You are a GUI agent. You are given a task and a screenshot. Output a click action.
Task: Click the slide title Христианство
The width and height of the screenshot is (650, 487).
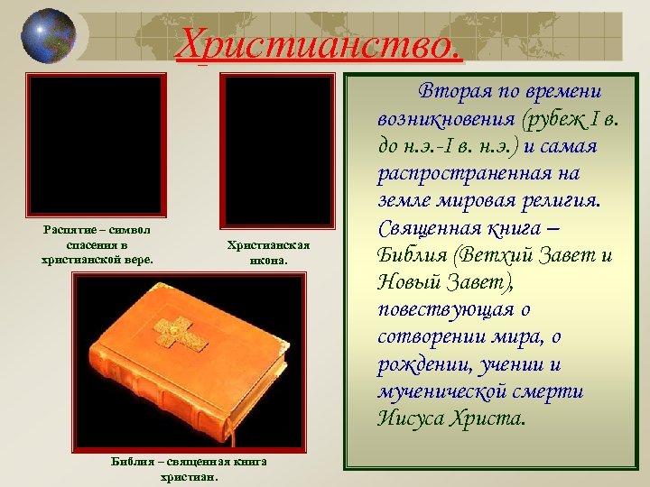click(x=320, y=43)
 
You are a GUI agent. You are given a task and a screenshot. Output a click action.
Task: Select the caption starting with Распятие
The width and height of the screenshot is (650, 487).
click(x=97, y=245)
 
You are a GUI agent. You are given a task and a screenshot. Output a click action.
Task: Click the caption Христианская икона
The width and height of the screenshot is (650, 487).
click(x=268, y=253)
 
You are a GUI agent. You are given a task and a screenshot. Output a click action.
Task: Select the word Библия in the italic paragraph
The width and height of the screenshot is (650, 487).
click(x=414, y=255)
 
